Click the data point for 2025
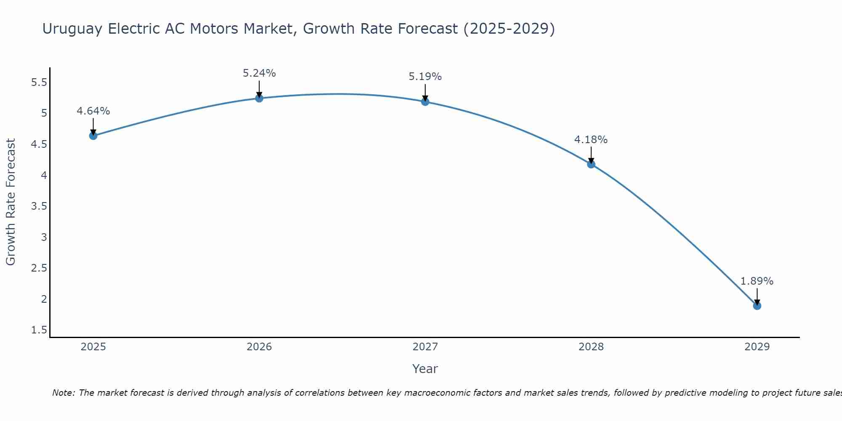click(x=93, y=136)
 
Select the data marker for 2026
click(x=259, y=98)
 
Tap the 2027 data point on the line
click(x=425, y=101)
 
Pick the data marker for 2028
click(x=591, y=164)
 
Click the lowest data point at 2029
click(x=757, y=306)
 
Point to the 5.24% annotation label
click(x=259, y=73)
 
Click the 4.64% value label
click(x=93, y=111)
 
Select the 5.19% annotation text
click(x=425, y=77)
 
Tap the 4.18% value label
click(x=591, y=139)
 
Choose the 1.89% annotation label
click(x=757, y=281)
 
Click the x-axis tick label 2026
click(x=259, y=347)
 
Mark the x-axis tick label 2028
click(x=591, y=347)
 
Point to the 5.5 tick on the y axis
click(x=39, y=82)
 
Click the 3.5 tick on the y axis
click(x=39, y=206)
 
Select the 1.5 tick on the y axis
click(x=39, y=330)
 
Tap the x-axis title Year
click(x=425, y=369)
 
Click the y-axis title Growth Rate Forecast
click(x=11, y=202)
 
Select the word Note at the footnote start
click(x=63, y=393)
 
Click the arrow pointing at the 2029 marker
click(x=757, y=296)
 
